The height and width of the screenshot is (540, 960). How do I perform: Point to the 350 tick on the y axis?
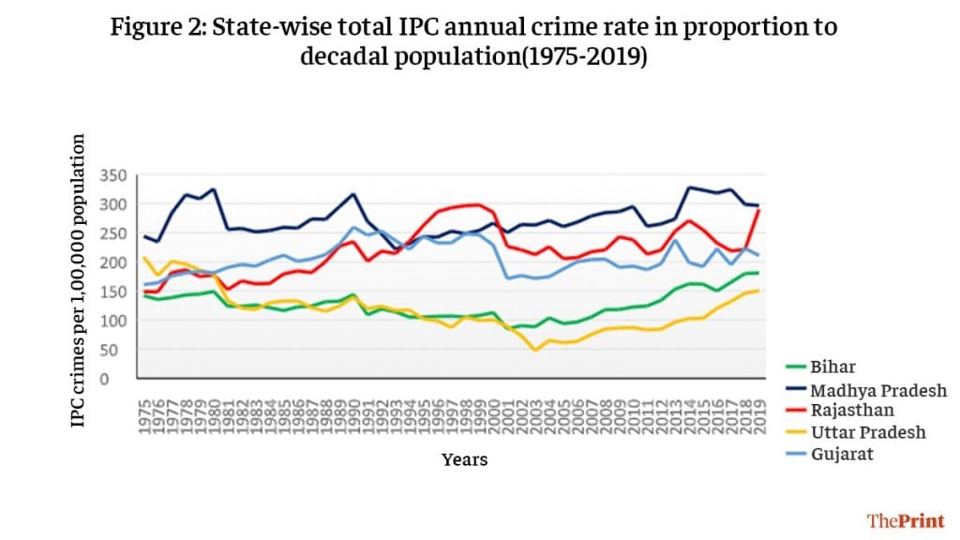112,175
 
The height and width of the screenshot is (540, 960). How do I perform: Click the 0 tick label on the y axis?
120,379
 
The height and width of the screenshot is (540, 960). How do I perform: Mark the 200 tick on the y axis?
112,262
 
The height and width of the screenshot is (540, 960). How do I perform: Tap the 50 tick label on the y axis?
115,350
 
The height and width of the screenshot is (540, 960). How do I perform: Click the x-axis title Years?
465,459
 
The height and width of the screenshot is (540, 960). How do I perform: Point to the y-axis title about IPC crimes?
79,281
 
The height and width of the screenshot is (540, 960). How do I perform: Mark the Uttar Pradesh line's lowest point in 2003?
535,350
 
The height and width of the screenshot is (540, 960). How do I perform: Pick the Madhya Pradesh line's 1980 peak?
215,189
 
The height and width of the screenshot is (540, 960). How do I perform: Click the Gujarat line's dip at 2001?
508,277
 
